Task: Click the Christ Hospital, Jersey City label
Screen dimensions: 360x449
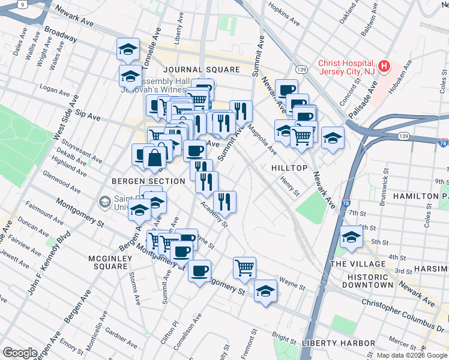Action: coord(347,67)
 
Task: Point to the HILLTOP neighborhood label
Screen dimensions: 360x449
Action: coord(290,169)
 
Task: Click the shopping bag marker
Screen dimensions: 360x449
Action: coord(155,158)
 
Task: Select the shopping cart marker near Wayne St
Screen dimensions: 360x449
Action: coord(244,267)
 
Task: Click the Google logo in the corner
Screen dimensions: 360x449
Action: coord(20,353)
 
